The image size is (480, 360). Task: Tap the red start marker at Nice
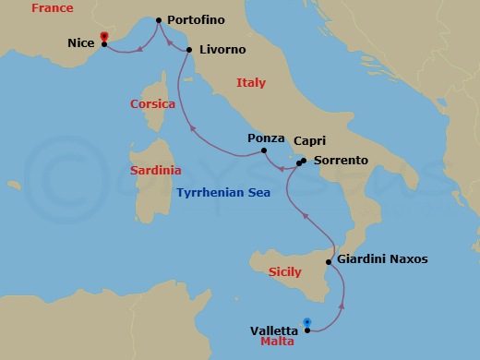tap(103, 37)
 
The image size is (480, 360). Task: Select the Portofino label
tap(197, 19)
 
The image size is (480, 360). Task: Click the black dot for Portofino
tap(159, 20)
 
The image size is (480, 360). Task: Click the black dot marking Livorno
tap(188, 50)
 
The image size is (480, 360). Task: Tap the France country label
tap(53, 8)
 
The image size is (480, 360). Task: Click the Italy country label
tap(251, 82)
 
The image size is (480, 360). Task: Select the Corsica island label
tap(152, 104)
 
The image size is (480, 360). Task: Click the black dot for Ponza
tap(264, 150)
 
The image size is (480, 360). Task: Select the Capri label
tap(308, 141)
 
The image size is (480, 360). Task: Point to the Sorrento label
tap(341, 160)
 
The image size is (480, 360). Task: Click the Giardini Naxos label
tap(382, 259)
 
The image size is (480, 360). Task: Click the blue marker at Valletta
tap(306, 324)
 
